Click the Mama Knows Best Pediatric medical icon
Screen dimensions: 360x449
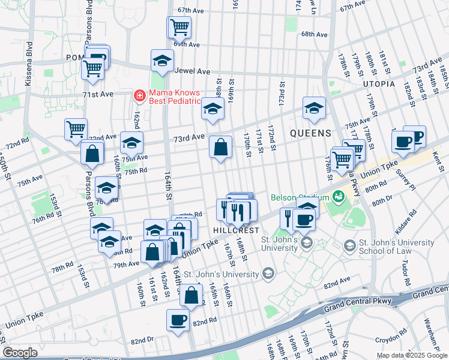tap(139, 95)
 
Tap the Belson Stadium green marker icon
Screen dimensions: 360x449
tap(339, 196)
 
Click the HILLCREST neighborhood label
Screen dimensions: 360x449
tap(236, 230)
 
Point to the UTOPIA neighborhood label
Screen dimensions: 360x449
tap(375, 84)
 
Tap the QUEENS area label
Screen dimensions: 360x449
tap(311, 133)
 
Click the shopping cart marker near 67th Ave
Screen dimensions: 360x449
tap(179, 27)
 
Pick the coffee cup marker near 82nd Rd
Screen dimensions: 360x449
tap(177, 319)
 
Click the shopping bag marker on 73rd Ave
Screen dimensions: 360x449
tap(220, 146)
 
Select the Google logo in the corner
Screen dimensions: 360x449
tap(20, 353)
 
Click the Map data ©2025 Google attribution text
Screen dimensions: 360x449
tap(411, 355)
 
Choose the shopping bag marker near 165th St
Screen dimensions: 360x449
tap(191, 296)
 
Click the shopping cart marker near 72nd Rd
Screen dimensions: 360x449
tap(76, 129)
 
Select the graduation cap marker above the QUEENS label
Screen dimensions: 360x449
tap(313, 108)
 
